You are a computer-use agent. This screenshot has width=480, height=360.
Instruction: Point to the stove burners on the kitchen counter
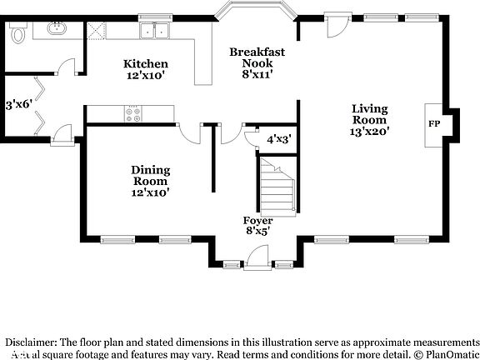[x=133, y=113]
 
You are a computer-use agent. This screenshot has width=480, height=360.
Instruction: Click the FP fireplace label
[x=434, y=123]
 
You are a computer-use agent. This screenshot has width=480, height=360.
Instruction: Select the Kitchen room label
[x=146, y=64]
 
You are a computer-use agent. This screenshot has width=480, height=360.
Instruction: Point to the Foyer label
[x=258, y=221]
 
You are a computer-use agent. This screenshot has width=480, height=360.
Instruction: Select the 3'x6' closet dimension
[x=17, y=105]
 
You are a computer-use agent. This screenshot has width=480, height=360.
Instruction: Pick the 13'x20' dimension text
[x=371, y=130]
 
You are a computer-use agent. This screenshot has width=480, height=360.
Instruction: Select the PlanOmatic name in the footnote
[x=448, y=354]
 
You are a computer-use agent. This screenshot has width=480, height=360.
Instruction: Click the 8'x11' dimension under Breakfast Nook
[x=257, y=74]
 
